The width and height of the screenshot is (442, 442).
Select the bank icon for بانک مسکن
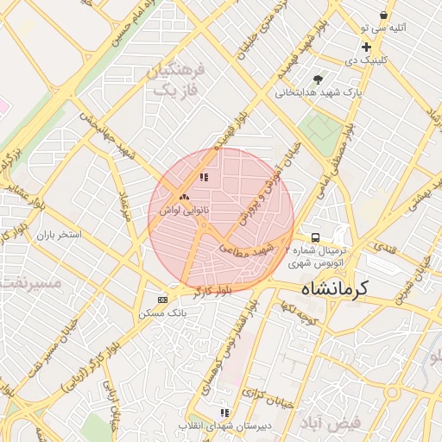tap(162, 300)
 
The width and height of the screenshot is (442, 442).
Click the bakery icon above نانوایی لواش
tap(184, 196)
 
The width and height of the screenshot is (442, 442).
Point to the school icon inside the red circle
tap(204, 178)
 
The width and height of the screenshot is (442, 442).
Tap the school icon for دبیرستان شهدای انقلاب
tap(225, 414)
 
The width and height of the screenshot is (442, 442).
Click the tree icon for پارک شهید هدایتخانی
tap(319, 79)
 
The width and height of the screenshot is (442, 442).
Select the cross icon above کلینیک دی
tap(367, 47)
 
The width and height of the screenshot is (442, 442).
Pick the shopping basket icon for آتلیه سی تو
tap(383, 15)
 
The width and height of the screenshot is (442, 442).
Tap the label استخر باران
tap(58, 234)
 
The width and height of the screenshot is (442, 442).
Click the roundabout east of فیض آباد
tap(393, 395)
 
